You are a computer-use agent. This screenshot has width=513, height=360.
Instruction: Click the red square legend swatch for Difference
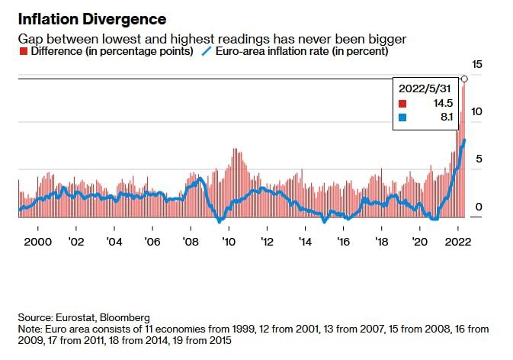point(21,52)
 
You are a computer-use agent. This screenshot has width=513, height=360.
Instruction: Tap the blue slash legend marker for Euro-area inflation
point(205,52)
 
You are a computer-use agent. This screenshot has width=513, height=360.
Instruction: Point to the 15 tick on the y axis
point(478,66)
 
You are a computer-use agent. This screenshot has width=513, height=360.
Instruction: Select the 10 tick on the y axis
point(478,112)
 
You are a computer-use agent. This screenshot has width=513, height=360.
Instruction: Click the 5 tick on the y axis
point(479,159)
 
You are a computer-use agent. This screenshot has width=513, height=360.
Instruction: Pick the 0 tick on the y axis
point(479,207)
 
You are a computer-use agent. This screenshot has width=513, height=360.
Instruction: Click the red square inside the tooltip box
point(403,103)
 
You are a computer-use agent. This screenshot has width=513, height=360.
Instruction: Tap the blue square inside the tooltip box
point(403,117)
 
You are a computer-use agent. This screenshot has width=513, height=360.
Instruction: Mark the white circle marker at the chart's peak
point(464,79)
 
